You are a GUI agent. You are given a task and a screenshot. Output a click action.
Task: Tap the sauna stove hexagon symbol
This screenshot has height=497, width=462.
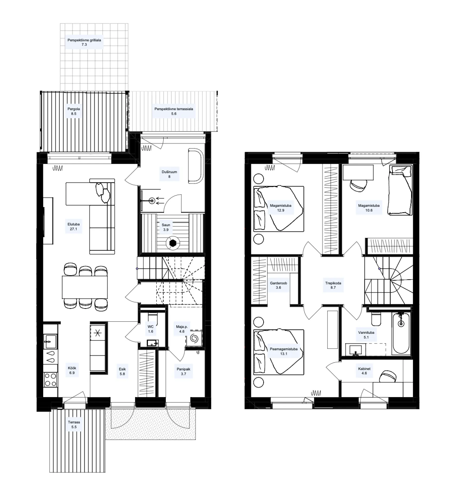[173, 243]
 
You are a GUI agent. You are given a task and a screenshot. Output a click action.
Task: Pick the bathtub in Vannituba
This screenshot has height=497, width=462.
[401, 333]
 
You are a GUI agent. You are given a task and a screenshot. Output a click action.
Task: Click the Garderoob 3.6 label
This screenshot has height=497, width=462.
[279, 285]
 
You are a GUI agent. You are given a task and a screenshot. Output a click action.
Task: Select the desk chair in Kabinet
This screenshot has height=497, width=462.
[387, 376]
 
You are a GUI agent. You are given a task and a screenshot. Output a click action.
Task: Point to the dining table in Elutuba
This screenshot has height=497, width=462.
[85, 287]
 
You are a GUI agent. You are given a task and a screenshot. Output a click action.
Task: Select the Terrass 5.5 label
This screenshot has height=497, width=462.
[74, 424]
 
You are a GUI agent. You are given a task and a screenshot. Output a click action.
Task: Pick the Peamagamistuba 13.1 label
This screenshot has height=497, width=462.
[284, 351]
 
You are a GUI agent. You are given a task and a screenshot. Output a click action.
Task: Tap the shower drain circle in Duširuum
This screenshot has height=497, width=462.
[152, 201]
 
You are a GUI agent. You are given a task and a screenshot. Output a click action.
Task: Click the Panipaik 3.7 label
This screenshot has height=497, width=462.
[183, 372]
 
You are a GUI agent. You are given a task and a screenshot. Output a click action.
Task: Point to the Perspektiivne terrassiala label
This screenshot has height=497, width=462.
[174, 111]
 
